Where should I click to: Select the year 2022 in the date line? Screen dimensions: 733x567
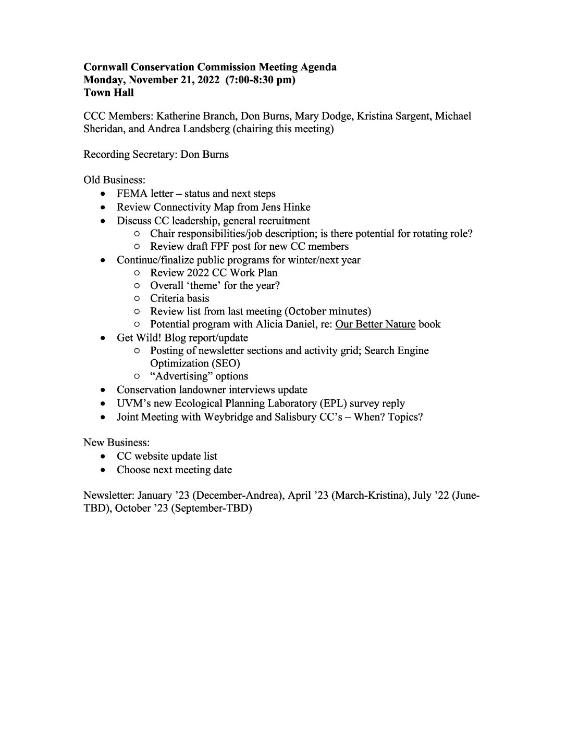(x=206, y=80)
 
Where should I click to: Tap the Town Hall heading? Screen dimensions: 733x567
(x=108, y=93)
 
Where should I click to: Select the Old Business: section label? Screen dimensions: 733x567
(x=115, y=180)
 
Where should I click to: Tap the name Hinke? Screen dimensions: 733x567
(x=295, y=207)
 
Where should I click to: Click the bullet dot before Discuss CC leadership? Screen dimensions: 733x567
(x=105, y=221)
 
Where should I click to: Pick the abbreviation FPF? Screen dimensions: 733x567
(x=213, y=246)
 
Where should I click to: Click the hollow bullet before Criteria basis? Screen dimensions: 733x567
(x=137, y=298)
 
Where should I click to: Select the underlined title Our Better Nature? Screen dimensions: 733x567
(x=375, y=324)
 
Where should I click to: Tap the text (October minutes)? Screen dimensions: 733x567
(x=328, y=311)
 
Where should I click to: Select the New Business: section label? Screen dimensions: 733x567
(x=117, y=443)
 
